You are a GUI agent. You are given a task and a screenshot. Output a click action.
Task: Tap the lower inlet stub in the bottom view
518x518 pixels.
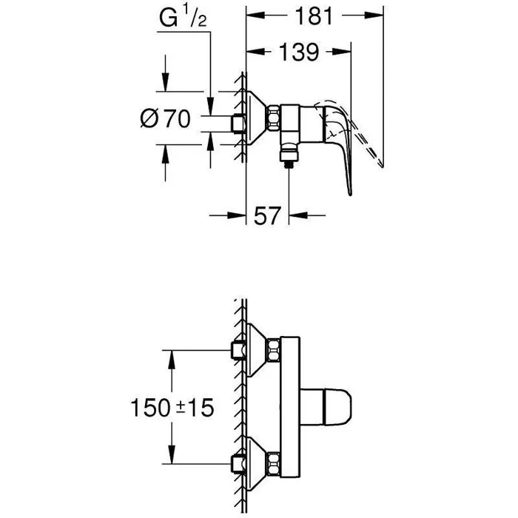coord(238,465)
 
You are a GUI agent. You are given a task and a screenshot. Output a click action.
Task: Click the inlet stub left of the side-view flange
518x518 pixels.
coord(238,124)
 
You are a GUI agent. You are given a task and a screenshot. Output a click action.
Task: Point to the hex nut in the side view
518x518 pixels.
coord(275,118)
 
